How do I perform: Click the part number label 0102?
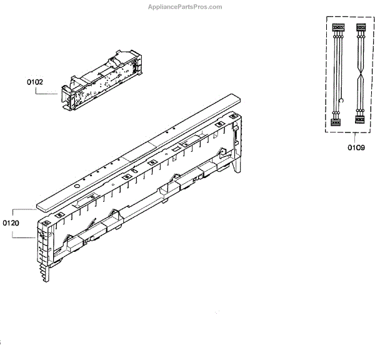pos(34,81)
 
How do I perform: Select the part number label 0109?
pos(356,148)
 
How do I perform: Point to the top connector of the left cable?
pos(337,28)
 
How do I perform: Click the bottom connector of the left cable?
pos(336,120)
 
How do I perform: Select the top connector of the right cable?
pos(360,28)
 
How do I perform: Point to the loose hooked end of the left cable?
pos(341,100)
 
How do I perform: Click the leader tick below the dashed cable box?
pos(355,137)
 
